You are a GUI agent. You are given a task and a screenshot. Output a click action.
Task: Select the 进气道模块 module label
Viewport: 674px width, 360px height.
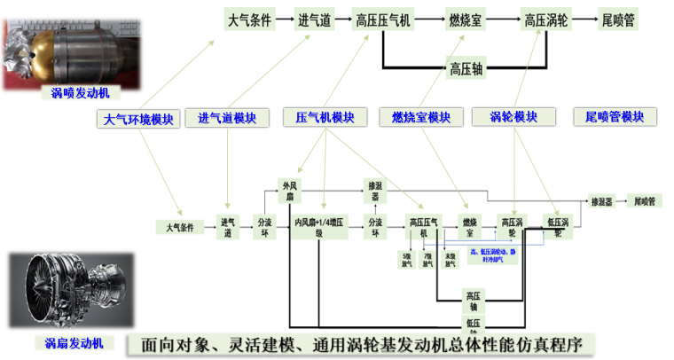coord(227,118)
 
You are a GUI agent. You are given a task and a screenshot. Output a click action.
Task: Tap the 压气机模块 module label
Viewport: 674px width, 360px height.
coord(324,117)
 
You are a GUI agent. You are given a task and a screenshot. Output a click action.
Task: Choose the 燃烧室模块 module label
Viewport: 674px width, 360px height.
coord(421,118)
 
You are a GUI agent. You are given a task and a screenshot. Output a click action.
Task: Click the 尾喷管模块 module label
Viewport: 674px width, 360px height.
coord(615,117)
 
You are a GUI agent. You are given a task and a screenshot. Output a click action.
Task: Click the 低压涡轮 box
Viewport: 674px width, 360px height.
coord(559,227)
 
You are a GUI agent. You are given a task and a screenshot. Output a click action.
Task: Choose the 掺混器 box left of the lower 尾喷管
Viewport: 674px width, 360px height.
coord(601,202)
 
